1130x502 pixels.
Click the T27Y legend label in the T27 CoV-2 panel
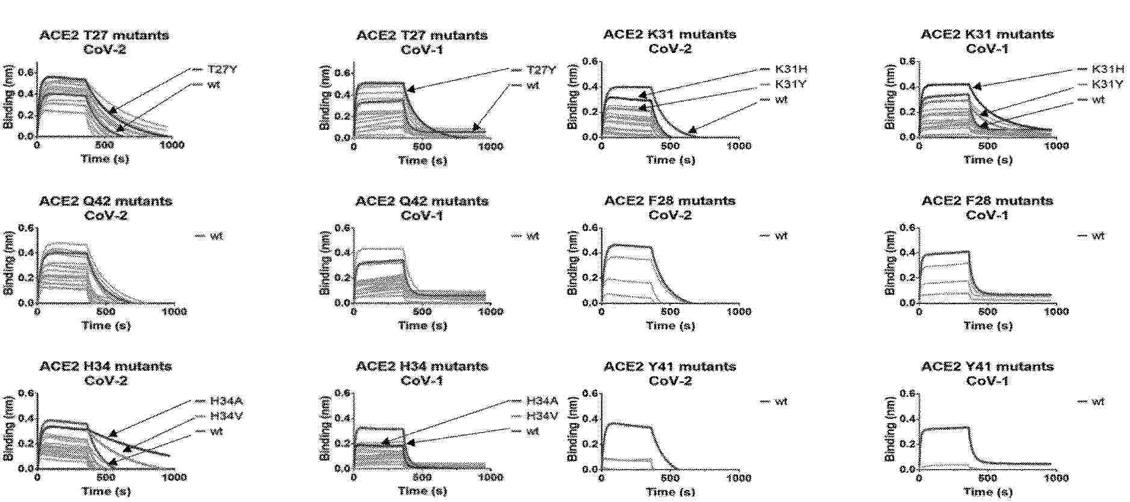pos(222,69)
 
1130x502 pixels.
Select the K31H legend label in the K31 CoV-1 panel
pos(1107,69)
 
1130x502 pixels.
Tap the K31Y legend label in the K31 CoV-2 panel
pos(790,84)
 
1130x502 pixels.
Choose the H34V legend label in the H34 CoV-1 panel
pos(542,416)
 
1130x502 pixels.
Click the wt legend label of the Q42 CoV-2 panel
pos(216,236)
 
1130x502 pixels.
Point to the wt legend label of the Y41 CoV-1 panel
pos(1098,401)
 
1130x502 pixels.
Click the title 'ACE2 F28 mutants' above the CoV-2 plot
pos(669,200)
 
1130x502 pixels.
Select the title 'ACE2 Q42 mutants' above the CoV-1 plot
pos(421,200)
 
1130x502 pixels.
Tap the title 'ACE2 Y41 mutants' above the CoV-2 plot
pos(669,366)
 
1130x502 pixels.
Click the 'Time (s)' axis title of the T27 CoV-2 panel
pos(105,159)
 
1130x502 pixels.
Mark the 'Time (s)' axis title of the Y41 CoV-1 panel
pos(987,491)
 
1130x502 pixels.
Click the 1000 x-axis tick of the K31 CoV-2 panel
pos(739,146)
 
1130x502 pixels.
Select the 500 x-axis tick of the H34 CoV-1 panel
pos(422,477)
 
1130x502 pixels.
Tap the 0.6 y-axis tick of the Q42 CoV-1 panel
pos(342,228)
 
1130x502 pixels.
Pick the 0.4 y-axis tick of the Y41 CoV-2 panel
pos(590,418)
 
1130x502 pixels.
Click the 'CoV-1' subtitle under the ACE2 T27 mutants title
pos(421,49)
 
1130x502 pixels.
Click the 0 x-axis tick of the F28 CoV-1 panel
pos(919,312)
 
